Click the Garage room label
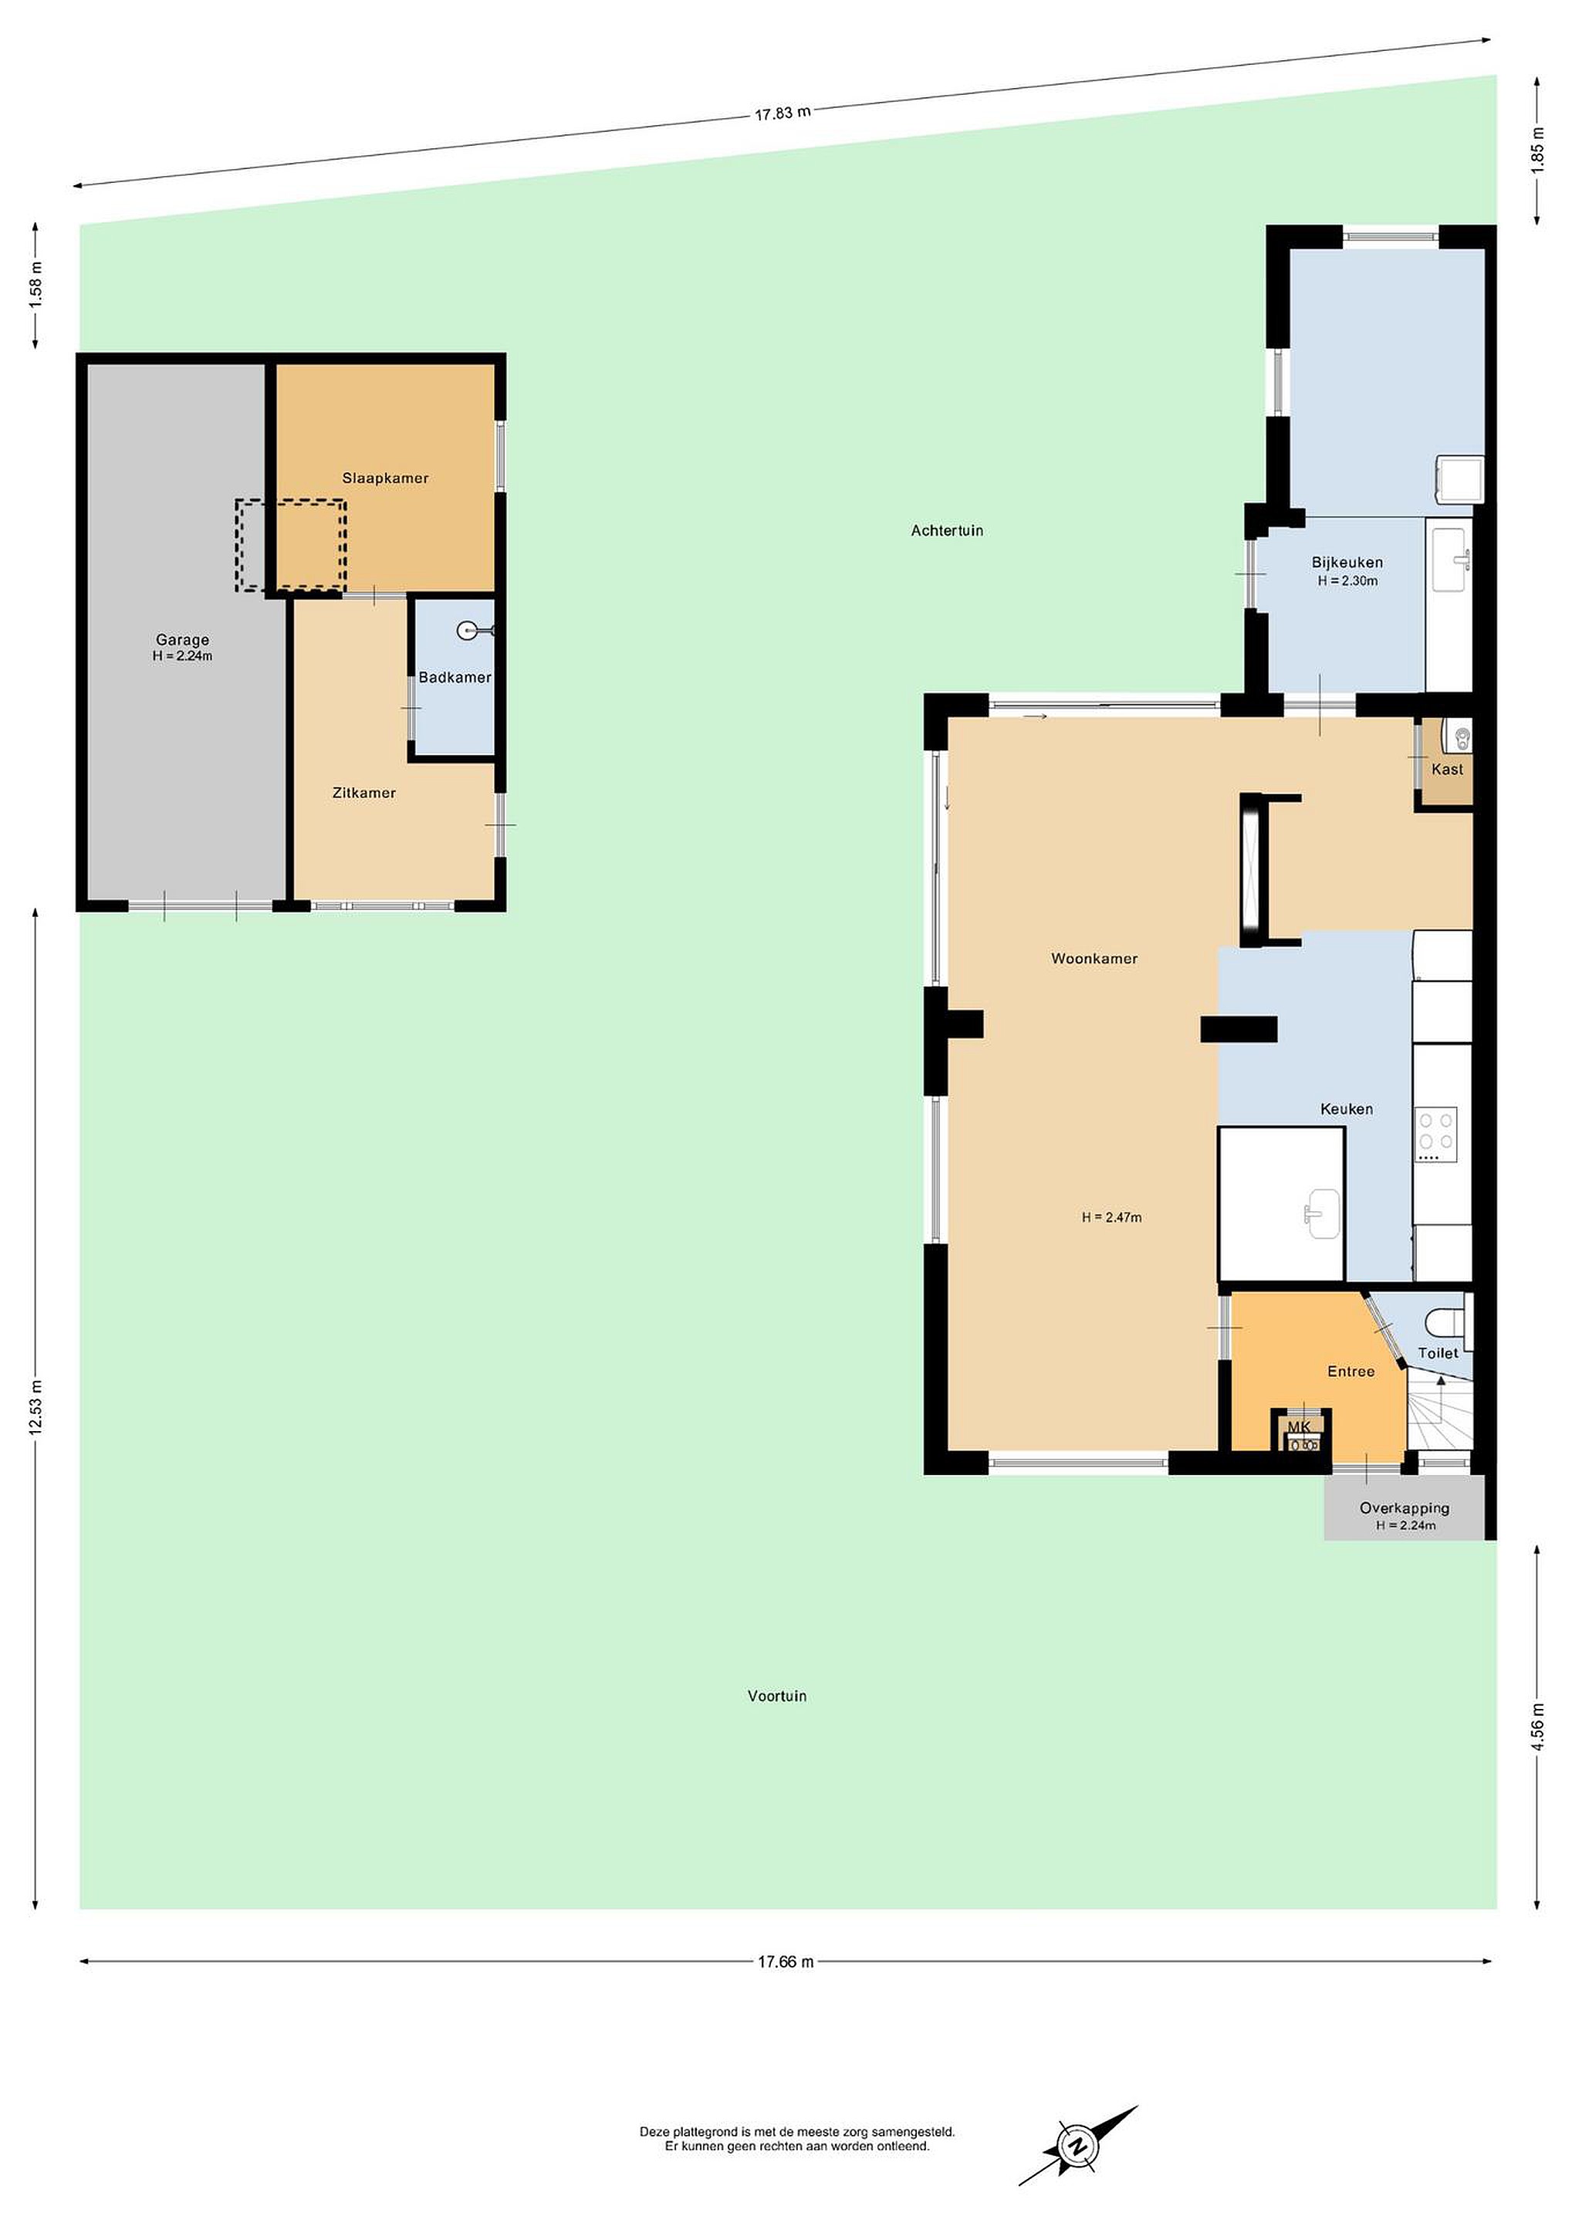pos(182,639)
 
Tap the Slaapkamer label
pos(385,479)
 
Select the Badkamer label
pos(455,678)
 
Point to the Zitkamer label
pos(364,793)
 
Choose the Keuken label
pos(1347,1109)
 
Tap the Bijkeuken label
pos(1347,563)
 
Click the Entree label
pos(1351,1372)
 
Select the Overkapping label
pos(1405,1508)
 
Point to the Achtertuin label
pos(947,530)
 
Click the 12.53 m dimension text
pos(35,1409)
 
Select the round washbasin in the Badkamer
pos(468,631)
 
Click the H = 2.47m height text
pos(1111,1218)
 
